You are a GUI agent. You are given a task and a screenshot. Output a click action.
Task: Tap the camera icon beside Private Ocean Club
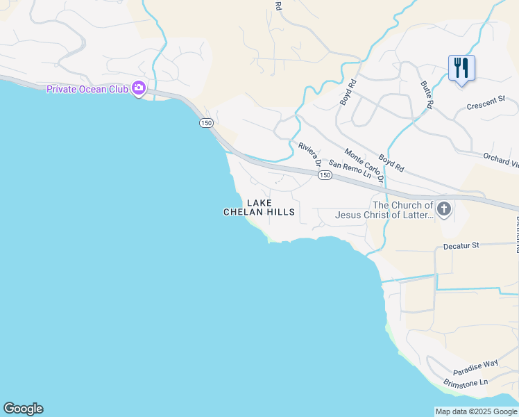click(139, 88)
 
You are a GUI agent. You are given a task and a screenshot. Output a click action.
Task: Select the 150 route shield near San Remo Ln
click(324, 176)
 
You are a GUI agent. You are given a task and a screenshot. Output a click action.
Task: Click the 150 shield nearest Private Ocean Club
click(206, 123)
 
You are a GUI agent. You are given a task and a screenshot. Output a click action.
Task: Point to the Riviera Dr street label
click(309, 155)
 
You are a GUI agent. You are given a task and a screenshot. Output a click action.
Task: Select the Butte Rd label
click(426, 94)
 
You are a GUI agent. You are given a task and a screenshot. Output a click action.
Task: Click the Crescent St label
click(486, 104)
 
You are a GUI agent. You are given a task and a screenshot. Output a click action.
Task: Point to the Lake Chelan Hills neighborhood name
click(259, 207)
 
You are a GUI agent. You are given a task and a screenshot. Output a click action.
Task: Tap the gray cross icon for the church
click(444, 208)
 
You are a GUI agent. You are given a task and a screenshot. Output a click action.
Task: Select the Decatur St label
click(461, 245)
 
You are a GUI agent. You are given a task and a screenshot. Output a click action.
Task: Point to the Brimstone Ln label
click(466, 382)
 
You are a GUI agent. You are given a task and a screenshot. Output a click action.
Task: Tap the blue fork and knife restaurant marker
click(461, 69)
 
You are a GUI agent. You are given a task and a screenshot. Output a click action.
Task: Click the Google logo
click(23, 409)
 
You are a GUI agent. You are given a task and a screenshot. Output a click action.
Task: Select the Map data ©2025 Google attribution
click(476, 411)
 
